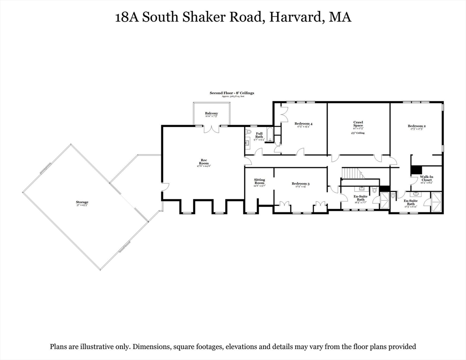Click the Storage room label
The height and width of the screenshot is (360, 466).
pyautogui.click(x=83, y=203)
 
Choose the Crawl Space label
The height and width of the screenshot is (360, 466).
pyautogui.click(x=358, y=125)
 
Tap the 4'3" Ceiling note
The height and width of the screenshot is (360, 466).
pyautogui.click(x=358, y=133)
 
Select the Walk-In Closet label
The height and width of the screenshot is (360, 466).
pyautogui.click(x=427, y=179)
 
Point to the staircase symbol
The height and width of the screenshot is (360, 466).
pyautogui.click(x=353, y=173)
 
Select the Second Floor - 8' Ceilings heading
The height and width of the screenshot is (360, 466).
pyautogui.click(x=232, y=93)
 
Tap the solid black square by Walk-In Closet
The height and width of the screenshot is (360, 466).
pyautogui.click(x=416, y=170)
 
